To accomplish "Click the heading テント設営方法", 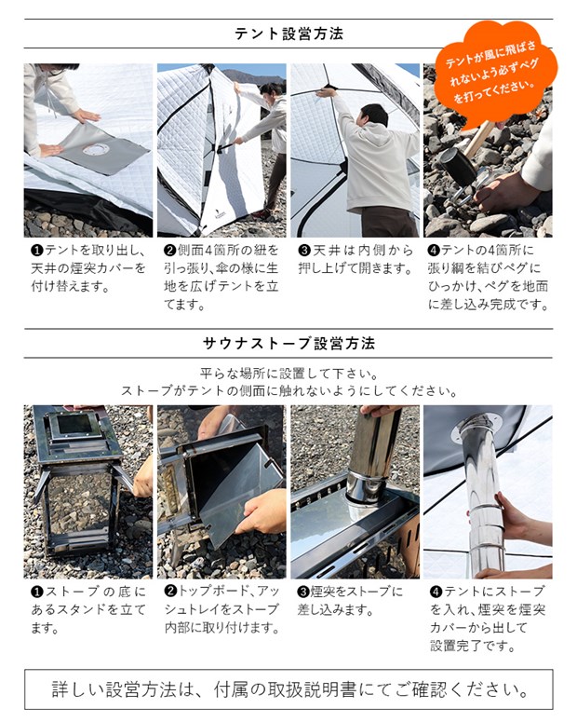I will tap(288, 34).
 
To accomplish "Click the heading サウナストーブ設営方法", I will tap(288, 344).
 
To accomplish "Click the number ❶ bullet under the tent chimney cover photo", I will tap(36, 251).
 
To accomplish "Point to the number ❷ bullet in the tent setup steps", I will tap(169, 251).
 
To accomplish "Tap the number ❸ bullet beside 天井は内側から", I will tap(303, 251).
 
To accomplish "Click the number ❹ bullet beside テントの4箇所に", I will tap(435, 251).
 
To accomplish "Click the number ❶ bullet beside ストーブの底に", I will tap(36, 592).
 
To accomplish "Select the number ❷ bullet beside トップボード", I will tap(169, 592).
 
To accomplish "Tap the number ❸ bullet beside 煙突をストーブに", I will tap(303, 592).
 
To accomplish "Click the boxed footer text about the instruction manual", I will tap(288, 690).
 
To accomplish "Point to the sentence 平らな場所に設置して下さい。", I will tap(288, 372).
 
